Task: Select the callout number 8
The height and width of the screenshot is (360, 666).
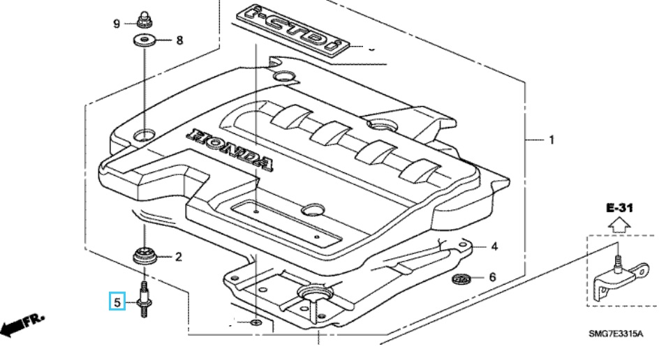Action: click(179, 40)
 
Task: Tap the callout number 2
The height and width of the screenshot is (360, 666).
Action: click(178, 257)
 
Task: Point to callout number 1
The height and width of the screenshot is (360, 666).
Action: click(551, 140)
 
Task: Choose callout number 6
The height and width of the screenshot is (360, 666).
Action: click(492, 278)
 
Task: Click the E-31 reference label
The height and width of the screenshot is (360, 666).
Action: click(618, 209)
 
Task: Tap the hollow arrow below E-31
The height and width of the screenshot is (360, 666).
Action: click(618, 225)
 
